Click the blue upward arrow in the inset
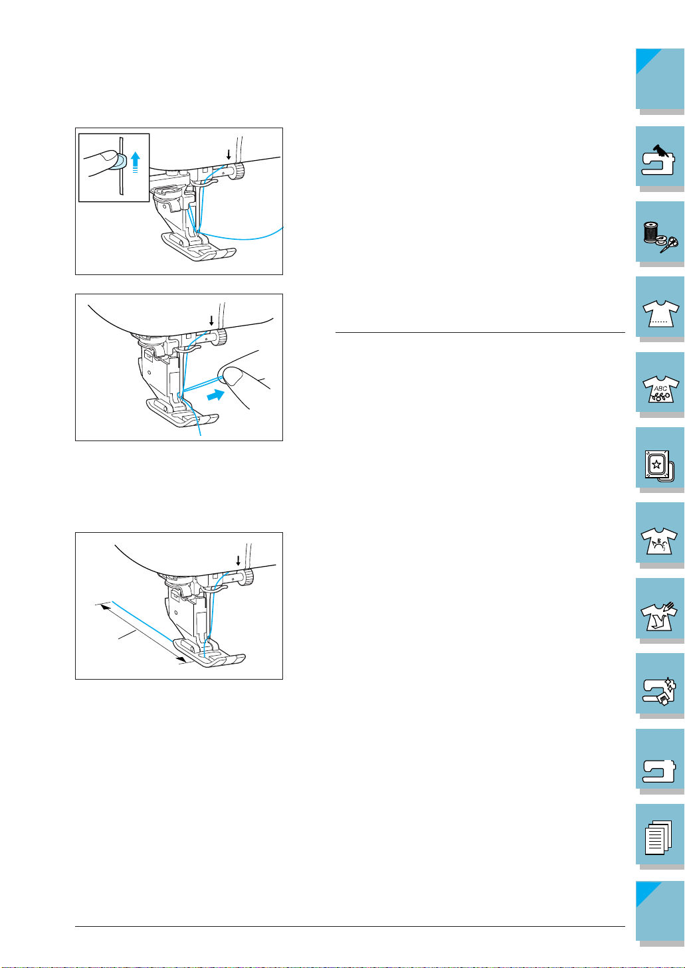[x=136, y=162]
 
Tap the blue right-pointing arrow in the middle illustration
[x=216, y=395]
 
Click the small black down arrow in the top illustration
[x=229, y=155]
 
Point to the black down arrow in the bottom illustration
[x=238, y=561]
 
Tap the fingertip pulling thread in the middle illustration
[x=232, y=375]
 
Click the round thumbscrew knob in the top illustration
[x=239, y=170]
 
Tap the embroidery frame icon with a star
[x=659, y=466]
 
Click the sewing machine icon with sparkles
[x=658, y=691]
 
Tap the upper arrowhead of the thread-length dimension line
[x=104, y=607]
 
